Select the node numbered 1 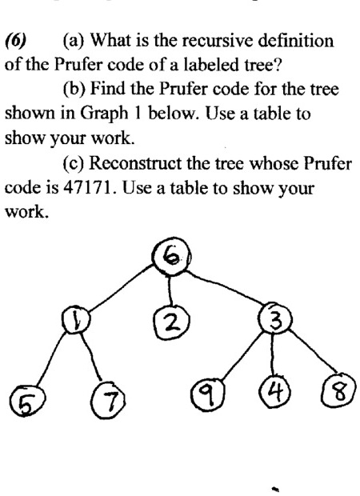[x=75, y=320]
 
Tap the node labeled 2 [x=172, y=322]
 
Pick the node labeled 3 [x=275, y=319]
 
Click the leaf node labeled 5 [x=26, y=401]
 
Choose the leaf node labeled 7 [x=108, y=399]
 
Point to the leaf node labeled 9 [x=209, y=394]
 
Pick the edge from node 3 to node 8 [x=313, y=351]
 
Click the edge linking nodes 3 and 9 [x=243, y=355]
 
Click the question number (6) [x=15, y=41]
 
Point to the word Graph [x=103, y=114]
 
